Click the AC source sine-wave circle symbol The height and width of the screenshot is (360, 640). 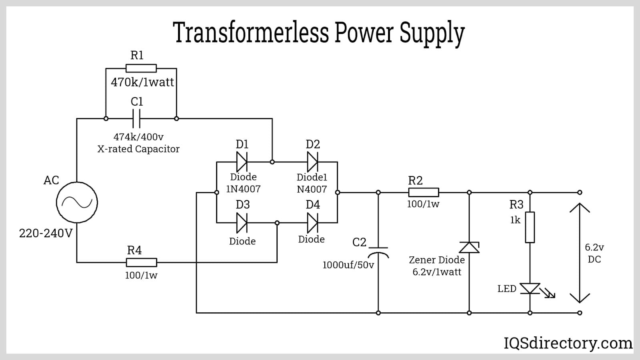(77, 202)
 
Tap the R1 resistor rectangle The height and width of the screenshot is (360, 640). (141, 68)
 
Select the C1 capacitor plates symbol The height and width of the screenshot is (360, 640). (136, 119)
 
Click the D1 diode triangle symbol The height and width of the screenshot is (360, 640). (242, 162)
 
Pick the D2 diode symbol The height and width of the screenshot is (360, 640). (312, 162)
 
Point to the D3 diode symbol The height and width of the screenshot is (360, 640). (242, 223)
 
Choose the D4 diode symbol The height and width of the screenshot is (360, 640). (312, 223)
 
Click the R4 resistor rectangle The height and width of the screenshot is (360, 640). (141, 262)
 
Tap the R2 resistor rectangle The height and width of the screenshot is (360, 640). (423, 192)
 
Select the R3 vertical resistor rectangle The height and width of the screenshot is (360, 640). (530, 227)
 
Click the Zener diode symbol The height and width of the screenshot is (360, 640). (469, 248)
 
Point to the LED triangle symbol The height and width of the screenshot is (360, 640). (530, 288)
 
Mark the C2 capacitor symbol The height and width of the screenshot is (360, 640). (378, 251)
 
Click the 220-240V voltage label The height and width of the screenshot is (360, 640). (46, 233)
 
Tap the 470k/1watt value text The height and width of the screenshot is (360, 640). (142, 82)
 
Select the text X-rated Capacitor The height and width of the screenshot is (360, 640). (138, 149)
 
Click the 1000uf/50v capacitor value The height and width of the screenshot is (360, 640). (348, 265)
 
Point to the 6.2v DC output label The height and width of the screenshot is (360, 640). (594, 253)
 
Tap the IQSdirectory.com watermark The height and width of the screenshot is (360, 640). (568, 343)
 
